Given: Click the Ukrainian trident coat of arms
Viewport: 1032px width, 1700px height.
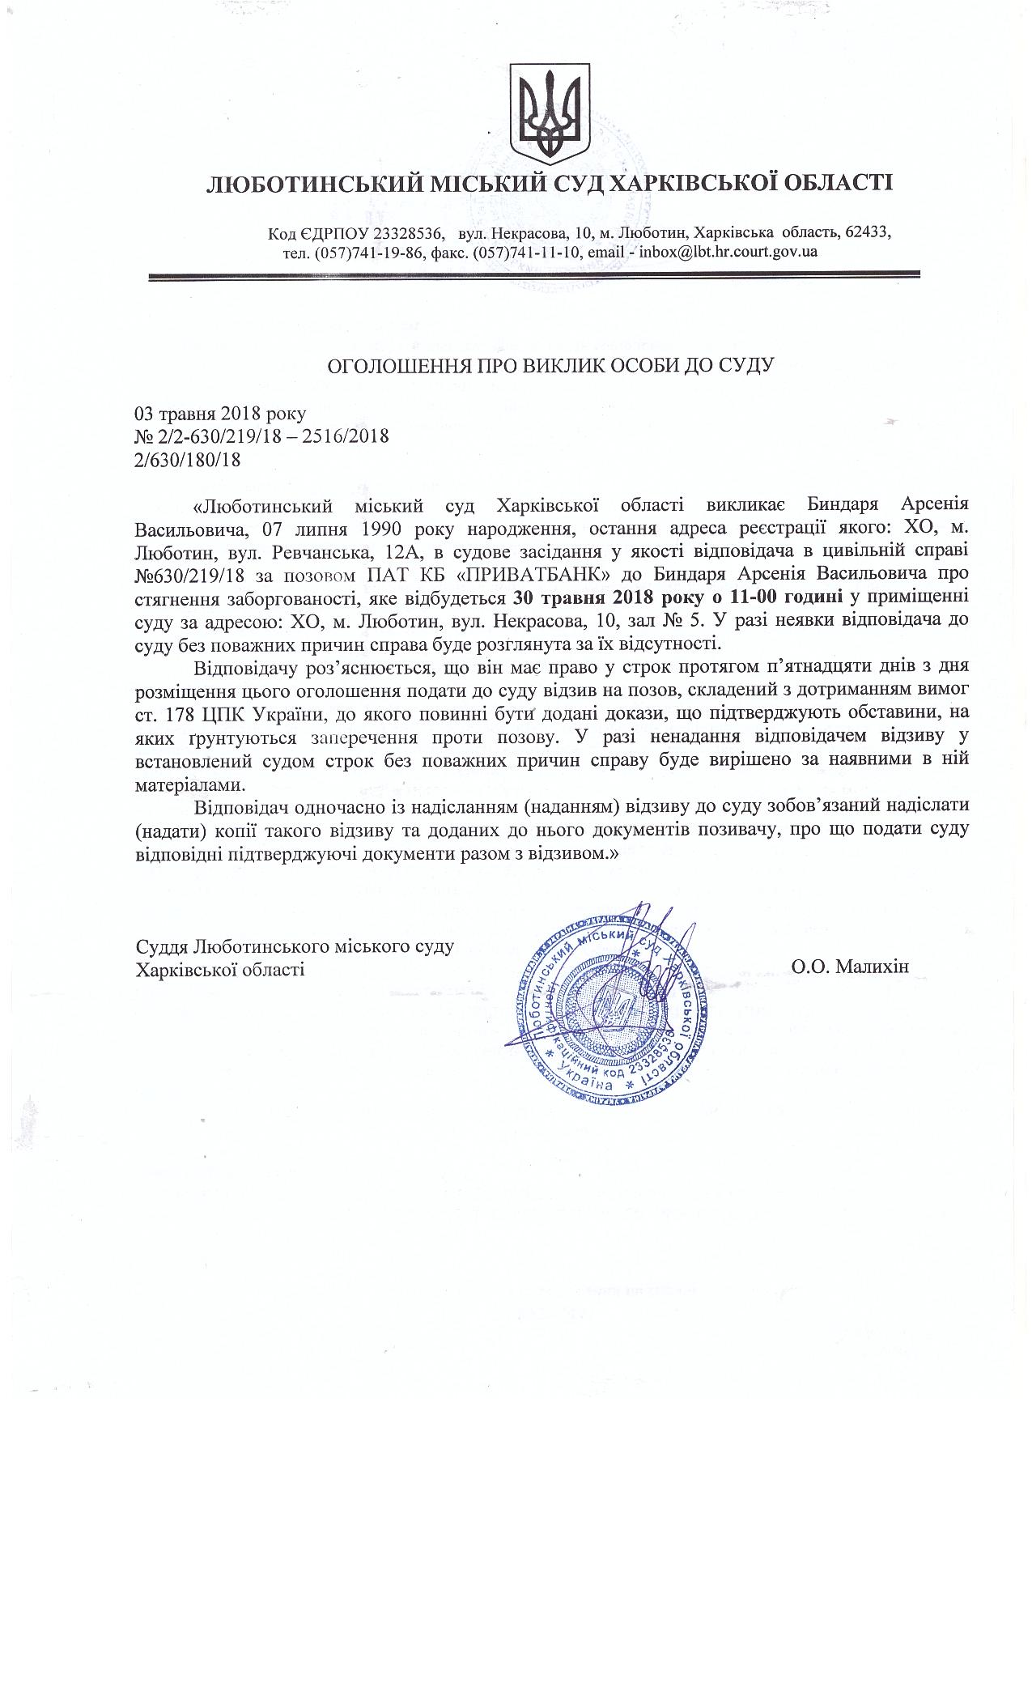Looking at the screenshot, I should click(550, 113).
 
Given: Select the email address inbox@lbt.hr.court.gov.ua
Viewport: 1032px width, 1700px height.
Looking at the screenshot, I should click(728, 252).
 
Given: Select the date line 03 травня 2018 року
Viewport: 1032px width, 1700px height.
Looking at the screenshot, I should click(220, 414).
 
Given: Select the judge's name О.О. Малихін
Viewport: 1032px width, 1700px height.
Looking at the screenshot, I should click(851, 966).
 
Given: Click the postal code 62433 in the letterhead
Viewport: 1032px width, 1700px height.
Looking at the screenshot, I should click(867, 233).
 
